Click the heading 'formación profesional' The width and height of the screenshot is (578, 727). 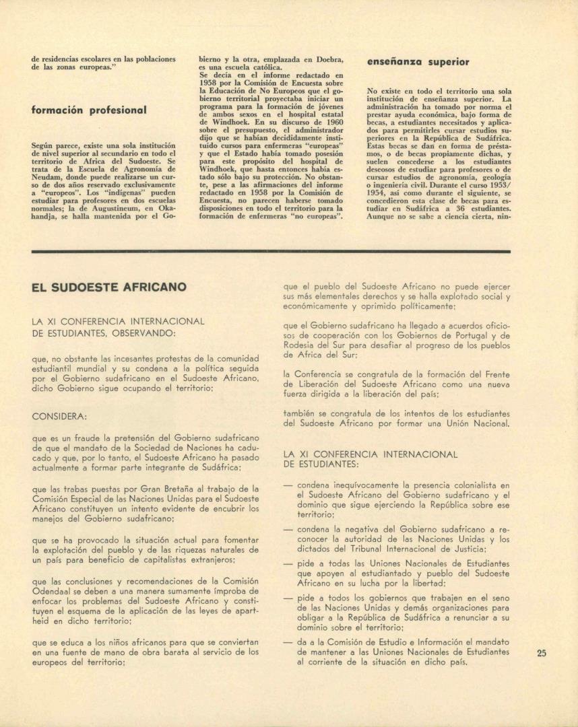[89, 110]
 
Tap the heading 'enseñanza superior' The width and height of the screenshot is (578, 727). [418, 62]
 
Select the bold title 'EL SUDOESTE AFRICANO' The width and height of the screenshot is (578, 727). [109, 287]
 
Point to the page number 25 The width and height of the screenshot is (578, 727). [542, 652]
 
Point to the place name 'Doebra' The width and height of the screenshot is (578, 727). [326, 59]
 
